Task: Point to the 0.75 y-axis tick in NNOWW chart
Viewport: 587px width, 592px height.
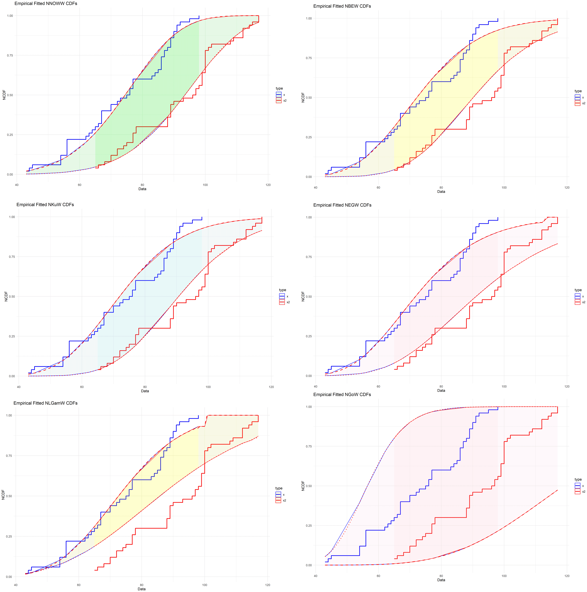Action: [x=10, y=55]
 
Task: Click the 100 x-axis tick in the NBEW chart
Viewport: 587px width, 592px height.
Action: [x=504, y=188]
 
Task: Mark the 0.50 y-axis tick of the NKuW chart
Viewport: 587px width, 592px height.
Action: [x=12, y=297]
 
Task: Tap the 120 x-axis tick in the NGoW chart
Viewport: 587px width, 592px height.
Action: [x=567, y=576]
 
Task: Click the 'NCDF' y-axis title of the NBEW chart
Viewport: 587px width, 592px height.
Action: [x=303, y=97]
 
